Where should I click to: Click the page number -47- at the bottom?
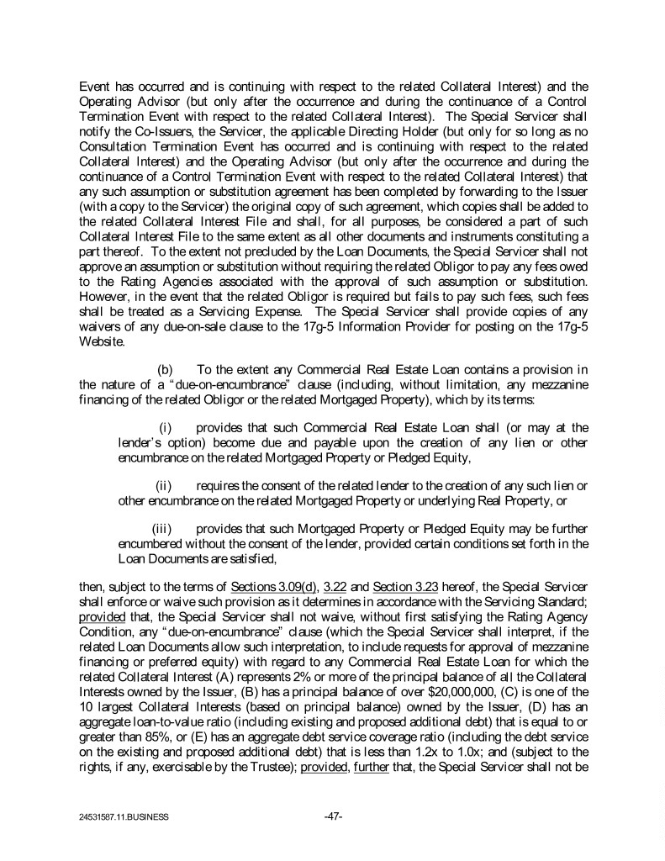[332, 816]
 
